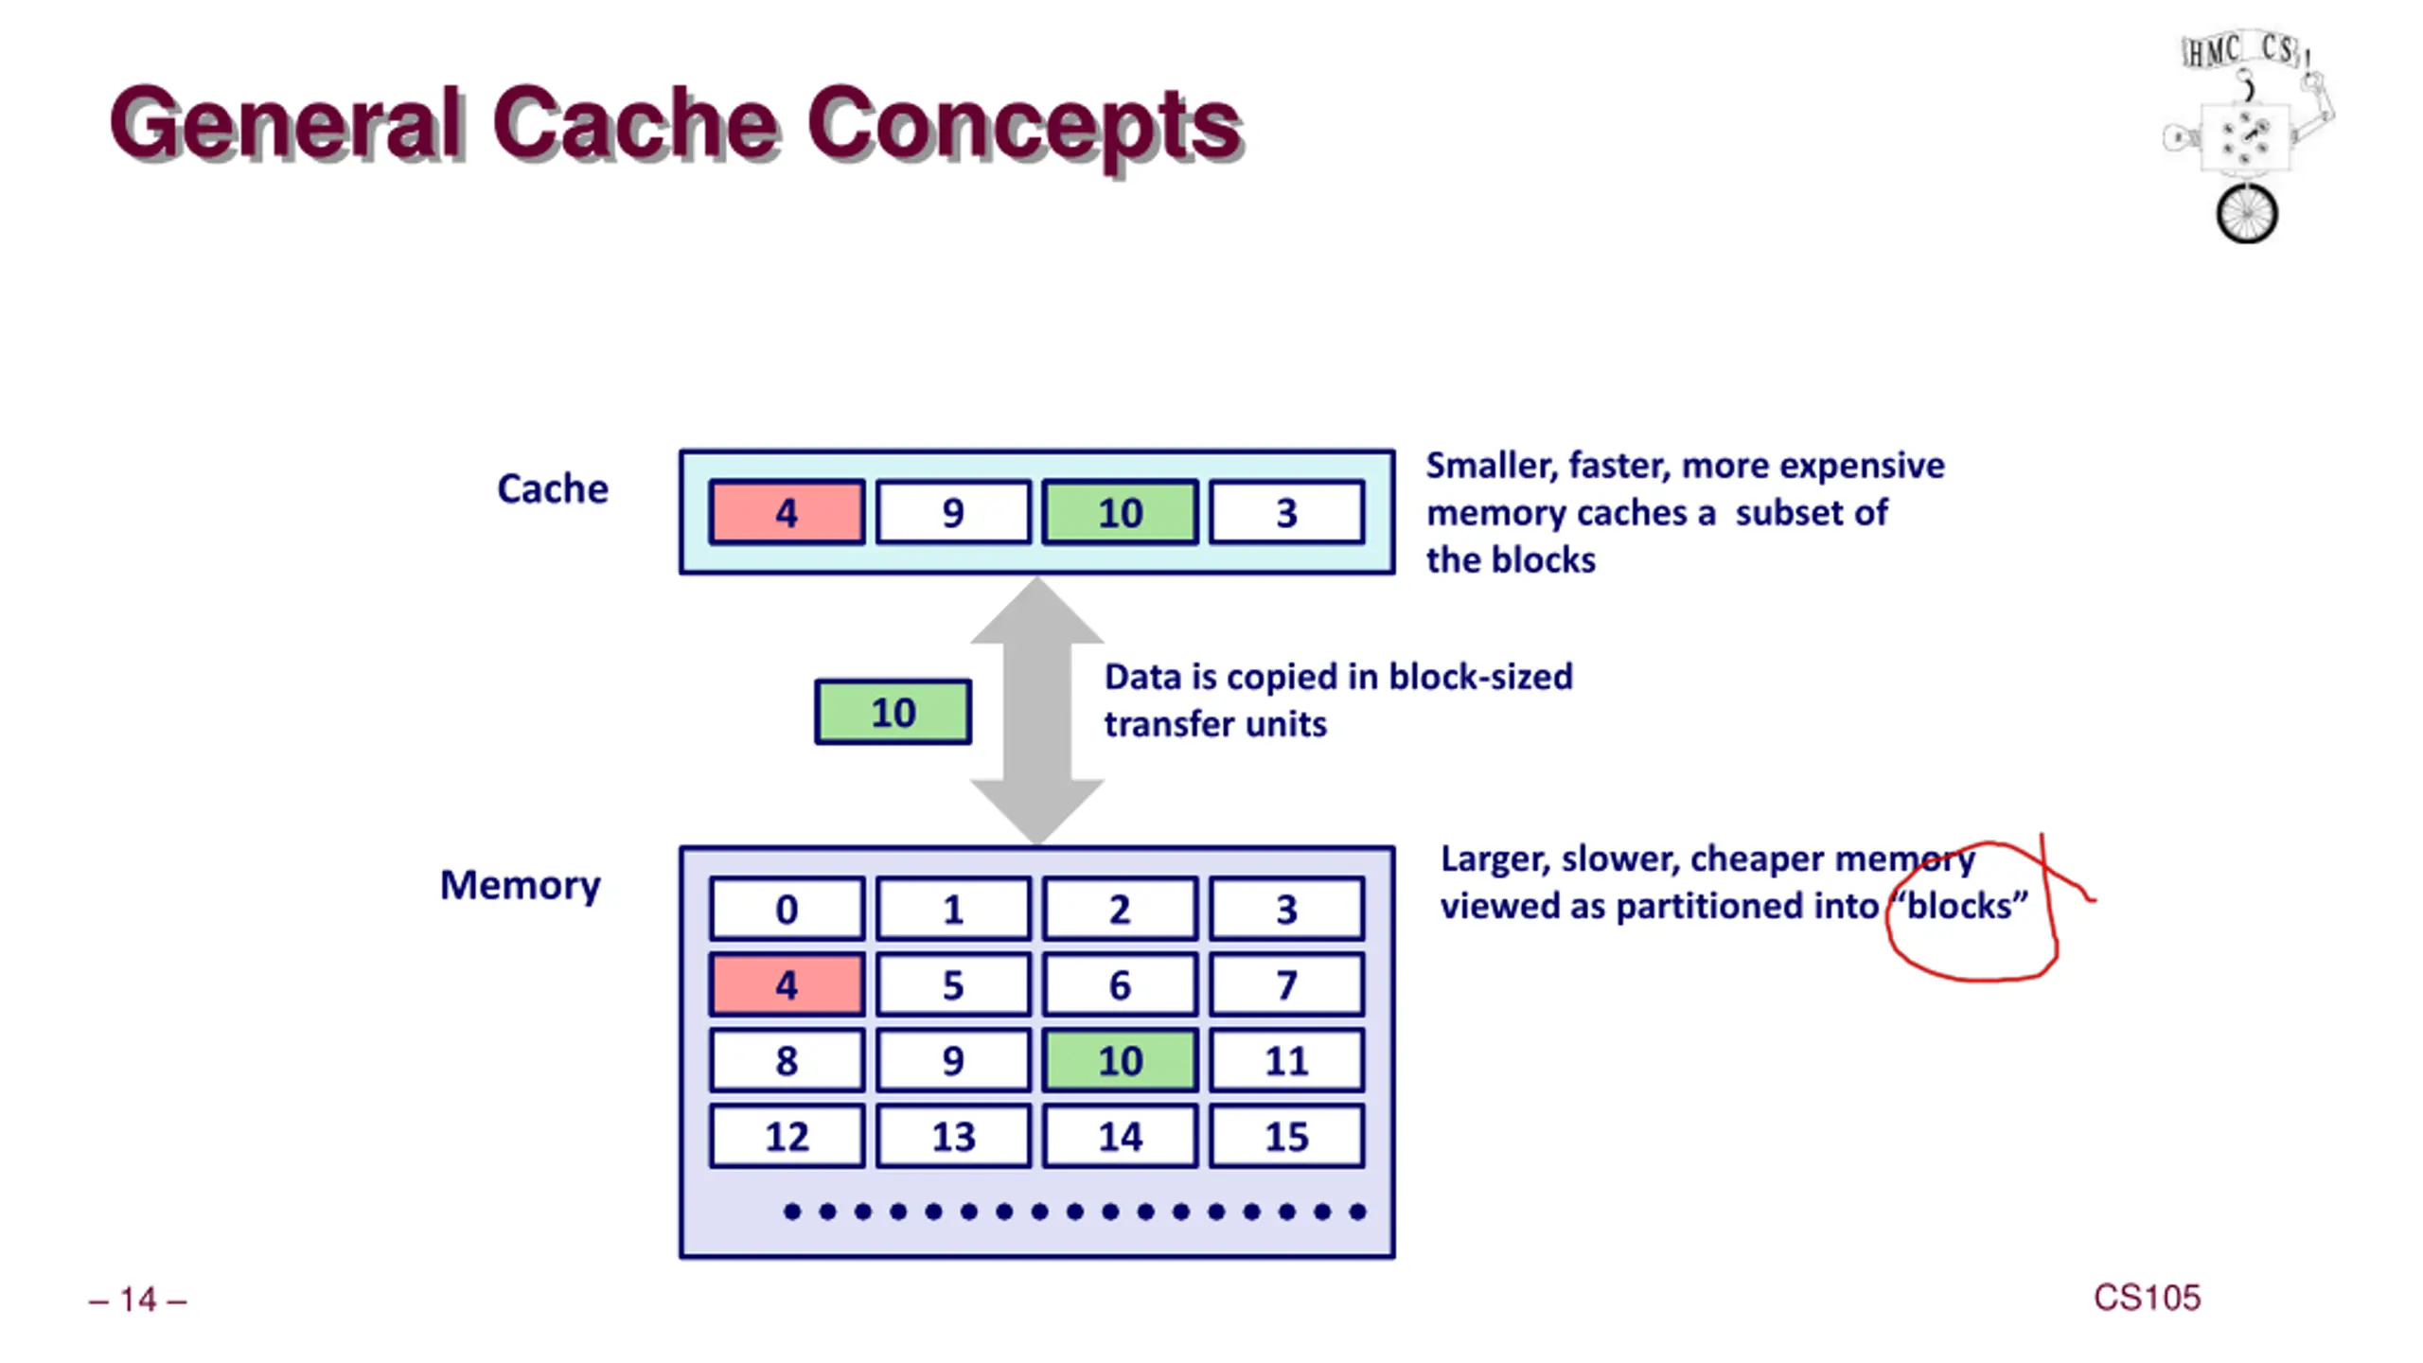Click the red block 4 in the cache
coord(787,512)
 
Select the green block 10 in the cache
coord(1120,512)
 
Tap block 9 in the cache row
coord(953,512)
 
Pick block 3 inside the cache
coord(1286,512)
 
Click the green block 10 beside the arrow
coord(893,712)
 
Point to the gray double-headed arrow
coord(1037,711)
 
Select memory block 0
coord(787,909)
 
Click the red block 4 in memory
coord(787,984)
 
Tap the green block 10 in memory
coord(1120,1060)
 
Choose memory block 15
coord(1286,1136)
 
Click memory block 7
coord(1286,984)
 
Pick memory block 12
coord(787,1136)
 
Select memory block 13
coord(953,1136)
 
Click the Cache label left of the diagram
coord(553,489)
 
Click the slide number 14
coord(138,1300)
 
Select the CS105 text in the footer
coord(2147,1298)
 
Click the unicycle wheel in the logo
coord(2247,214)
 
